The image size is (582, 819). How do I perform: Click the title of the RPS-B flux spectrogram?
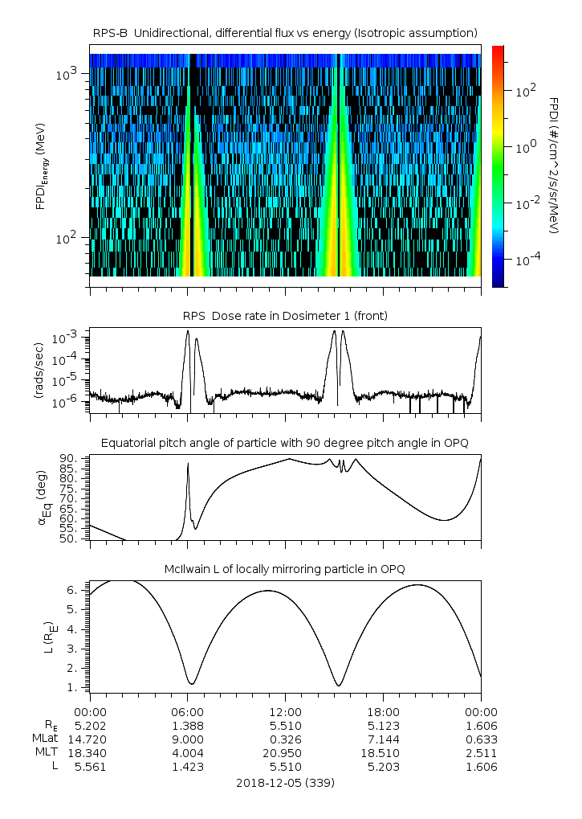click(285, 32)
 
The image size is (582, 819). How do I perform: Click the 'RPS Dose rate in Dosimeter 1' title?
click(285, 316)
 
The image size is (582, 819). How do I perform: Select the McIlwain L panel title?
click(285, 569)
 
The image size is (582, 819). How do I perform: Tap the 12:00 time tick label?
click(285, 711)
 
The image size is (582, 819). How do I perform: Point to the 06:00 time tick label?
click(187, 711)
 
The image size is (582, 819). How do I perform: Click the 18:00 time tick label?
click(383, 711)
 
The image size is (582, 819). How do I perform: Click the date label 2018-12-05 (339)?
click(285, 782)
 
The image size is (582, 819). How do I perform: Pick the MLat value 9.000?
click(187, 739)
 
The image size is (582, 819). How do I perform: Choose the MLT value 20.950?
click(285, 753)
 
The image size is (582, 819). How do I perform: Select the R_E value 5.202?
click(90, 725)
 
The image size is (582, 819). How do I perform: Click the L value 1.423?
click(187, 767)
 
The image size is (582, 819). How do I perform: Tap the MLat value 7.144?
click(383, 739)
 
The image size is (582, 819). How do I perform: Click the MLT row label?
click(42, 753)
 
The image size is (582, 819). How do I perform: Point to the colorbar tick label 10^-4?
click(522, 261)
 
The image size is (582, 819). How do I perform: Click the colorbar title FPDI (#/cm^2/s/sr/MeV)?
click(554, 165)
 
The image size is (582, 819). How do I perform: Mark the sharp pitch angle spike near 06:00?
click(188, 465)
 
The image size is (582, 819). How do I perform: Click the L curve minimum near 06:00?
click(191, 684)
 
